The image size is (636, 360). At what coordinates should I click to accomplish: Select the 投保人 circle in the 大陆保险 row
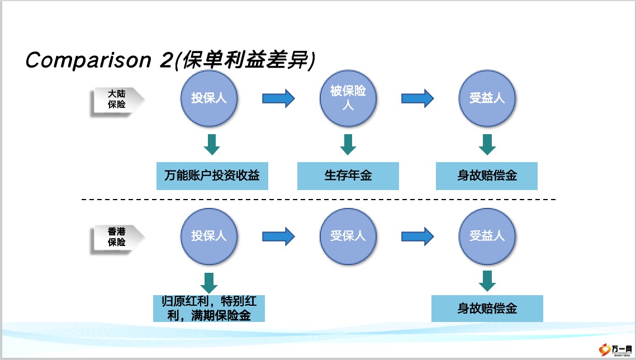click(x=209, y=99)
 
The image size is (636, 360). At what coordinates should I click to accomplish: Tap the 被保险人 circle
click(x=348, y=99)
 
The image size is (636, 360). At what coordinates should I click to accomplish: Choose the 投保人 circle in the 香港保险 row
click(x=209, y=236)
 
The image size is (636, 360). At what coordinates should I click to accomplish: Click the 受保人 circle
click(x=348, y=236)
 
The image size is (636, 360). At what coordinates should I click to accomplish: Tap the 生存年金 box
click(x=348, y=176)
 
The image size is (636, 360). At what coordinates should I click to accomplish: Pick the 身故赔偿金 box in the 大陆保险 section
click(x=487, y=176)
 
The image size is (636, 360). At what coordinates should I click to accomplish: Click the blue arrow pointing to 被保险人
click(x=278, y=99)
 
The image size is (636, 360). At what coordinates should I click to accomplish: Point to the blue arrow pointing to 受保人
click(x=278, y=236)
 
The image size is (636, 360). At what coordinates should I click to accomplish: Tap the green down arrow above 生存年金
click(x=348, y=145)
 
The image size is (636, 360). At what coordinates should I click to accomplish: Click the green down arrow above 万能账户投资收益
click(x=212, y=145)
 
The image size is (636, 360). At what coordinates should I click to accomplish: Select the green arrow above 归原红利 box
click(x=209, y=283)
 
